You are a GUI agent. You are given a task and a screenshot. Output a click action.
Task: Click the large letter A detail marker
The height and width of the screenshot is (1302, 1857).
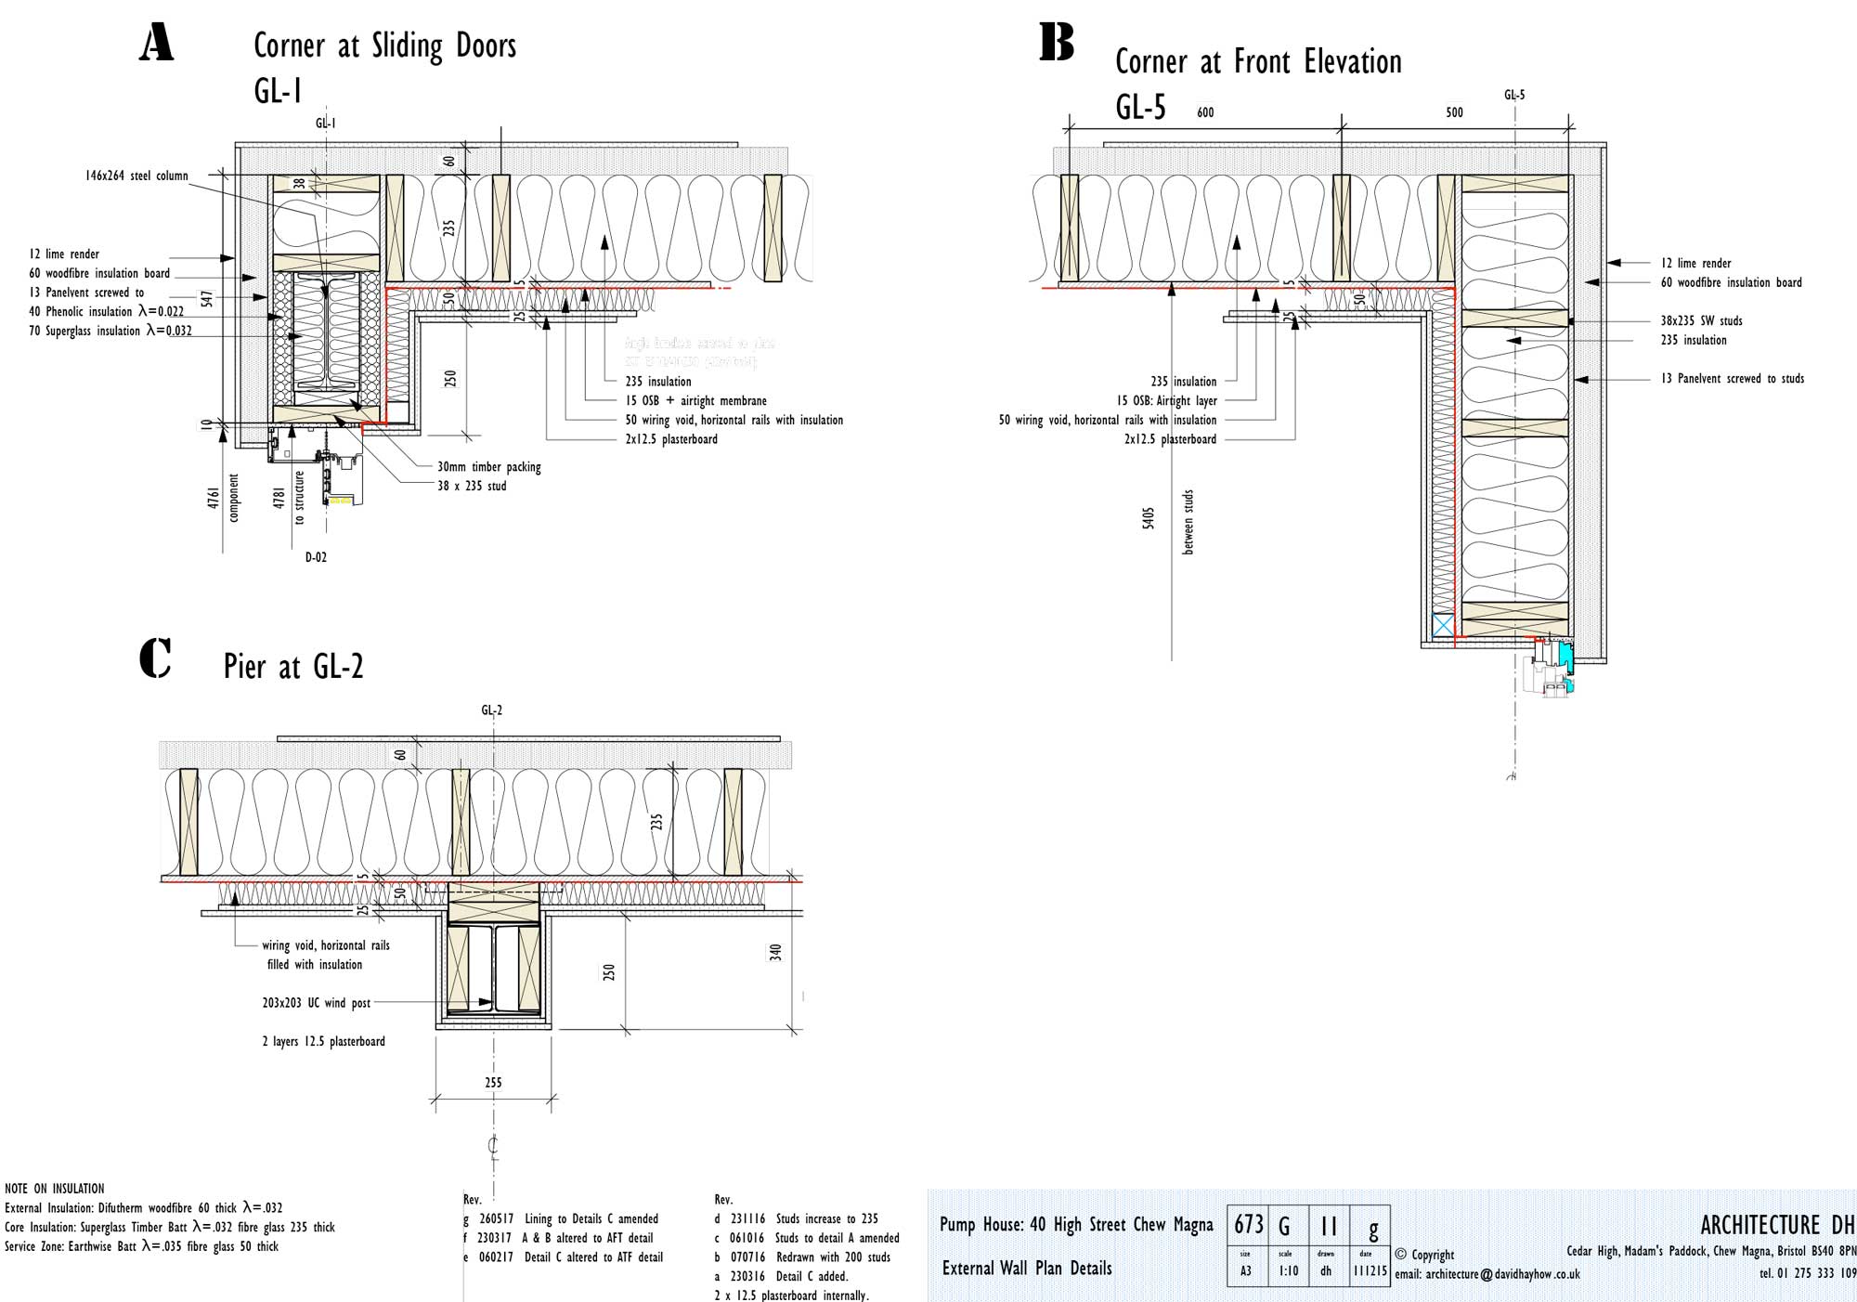coord(156,43)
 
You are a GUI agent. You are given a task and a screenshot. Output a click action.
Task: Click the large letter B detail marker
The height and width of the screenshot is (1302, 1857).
coord(1056,43)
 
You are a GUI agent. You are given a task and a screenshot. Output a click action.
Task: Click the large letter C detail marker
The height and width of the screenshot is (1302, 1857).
coord(155,658)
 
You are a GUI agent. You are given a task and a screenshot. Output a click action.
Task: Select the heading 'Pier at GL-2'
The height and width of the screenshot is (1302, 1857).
coord(293,666)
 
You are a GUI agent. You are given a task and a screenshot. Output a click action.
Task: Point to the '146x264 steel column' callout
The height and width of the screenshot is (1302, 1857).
coord(136,176)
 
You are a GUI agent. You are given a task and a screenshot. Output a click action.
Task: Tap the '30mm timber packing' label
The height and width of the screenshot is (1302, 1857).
coord(488,467)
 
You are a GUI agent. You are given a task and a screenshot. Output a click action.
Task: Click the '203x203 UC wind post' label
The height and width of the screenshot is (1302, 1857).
coord(316,1003)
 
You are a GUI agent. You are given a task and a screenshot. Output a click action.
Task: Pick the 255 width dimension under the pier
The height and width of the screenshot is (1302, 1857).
coord(493,1082)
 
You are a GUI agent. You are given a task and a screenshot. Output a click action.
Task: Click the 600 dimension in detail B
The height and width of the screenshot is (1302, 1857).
coord(1205,112)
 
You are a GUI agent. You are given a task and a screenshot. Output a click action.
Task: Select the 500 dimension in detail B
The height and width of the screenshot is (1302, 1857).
coord(1454,112)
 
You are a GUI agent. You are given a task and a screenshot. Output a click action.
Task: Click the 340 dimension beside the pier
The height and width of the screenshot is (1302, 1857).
coord(776,952)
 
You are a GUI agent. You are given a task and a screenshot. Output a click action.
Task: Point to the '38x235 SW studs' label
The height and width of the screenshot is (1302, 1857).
coord(1701,320)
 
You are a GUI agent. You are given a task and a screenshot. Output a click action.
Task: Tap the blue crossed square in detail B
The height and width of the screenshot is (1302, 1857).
coord(1443,625)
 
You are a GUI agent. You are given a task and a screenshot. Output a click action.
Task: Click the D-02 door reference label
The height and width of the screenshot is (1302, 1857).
coord(316,557)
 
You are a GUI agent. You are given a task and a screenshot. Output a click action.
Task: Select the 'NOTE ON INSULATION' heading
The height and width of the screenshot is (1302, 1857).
coord(55,1189)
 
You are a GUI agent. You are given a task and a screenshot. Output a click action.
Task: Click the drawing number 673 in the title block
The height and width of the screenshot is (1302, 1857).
coord(1249,1225)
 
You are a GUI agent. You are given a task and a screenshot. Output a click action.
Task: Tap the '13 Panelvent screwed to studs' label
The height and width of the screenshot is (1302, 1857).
coord(1732,379)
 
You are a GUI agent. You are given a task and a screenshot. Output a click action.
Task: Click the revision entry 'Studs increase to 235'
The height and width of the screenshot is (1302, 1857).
coord(826,1218)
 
